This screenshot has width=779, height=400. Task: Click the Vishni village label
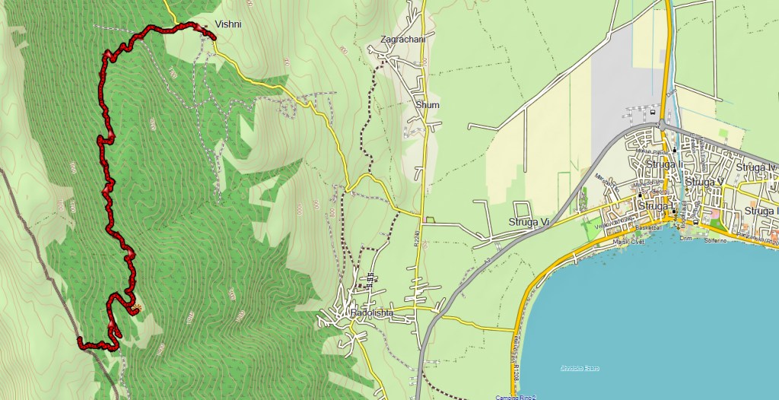coord(227,24)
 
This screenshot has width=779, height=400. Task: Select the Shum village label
coord(428,105)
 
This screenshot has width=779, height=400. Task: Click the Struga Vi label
coord(529,221)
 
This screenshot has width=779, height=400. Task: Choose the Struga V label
coord(704,183)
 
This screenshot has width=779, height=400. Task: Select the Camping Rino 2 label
coord(516,396)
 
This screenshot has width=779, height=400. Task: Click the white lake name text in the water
coord(580,369)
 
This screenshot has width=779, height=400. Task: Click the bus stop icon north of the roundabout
coord(653,111)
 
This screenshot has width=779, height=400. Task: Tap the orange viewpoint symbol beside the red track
coord(135,308)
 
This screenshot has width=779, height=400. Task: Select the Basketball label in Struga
coord(648,227)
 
